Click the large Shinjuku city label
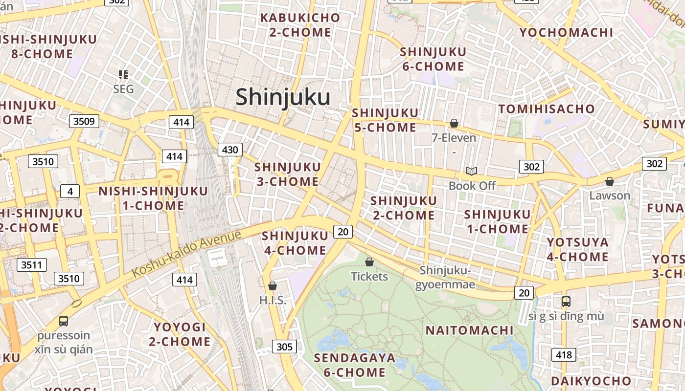tap(283, 97)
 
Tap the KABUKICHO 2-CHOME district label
tap(300, 25)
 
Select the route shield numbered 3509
tap(84, 121)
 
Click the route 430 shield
tap(230, 150)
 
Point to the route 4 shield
tap(70, 191)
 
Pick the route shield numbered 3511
tap(32, 265)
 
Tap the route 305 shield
tap(284, 347)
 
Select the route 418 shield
tap(564, 355)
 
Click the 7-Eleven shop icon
tap(454, 123)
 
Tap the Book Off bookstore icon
tap(472, 171)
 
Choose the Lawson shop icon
tap(610, 181)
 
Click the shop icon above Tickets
tap(369, 262)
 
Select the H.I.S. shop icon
tap(273, 286)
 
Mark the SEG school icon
tap(123, 75)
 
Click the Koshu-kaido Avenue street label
tap(187, 253)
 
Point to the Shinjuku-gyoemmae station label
tap(445, 277)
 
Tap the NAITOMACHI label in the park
tap(469, 330)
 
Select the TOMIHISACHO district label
tap(546, 109)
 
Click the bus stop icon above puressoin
tap(64, 321)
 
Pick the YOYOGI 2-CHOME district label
tap(180, 334)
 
